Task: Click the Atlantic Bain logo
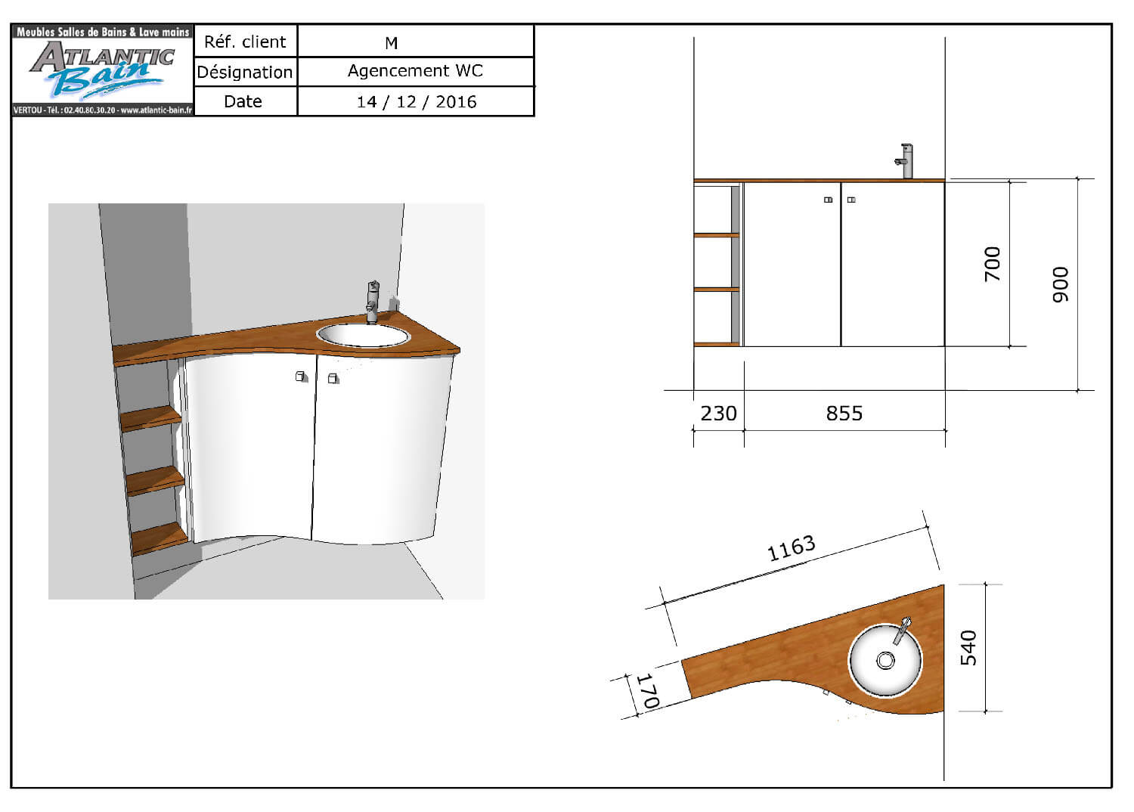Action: tap(102, 70)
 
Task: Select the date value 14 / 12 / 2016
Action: tap(417, 102)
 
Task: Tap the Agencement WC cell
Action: tap(415, 71)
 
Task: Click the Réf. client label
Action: tap(245, 42)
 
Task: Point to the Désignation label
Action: tap(244, 73)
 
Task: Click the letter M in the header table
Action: tap(391, 43)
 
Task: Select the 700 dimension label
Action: tap(992, 264)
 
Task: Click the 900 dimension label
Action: tap(1061, 284)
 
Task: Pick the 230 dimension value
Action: tap(718, 414)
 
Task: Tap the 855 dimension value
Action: tap(844, 414)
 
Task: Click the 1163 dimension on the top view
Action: tap(791, 548)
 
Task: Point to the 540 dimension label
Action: tap(968, 648)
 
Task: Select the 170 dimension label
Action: tap(648, 691)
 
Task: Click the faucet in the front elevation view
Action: tap(905, 160)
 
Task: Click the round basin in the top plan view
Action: tap(885, 659)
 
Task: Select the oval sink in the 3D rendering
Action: tap(363, 335)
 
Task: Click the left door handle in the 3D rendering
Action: tap(301, 376)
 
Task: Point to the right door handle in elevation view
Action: tap(851, 200)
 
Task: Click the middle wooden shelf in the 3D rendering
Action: tap(155, 480)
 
